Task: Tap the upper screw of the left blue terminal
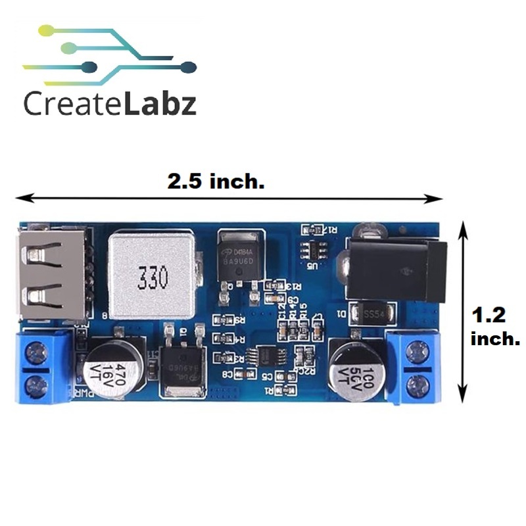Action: click(x=34, y=356)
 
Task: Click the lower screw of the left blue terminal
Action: click(x=34, y=384)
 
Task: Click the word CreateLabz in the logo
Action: click(x=110, y=103)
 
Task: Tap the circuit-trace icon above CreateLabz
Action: click(x=108, y=56)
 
